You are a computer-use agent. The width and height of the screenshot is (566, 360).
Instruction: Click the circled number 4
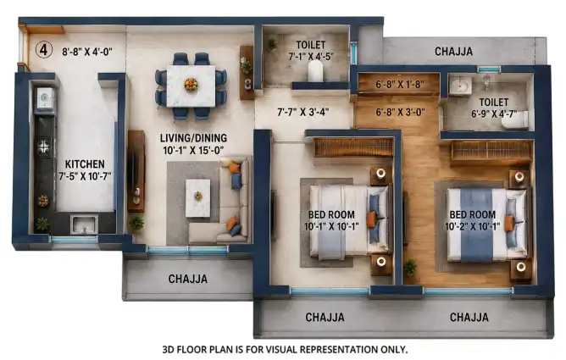coord(44,50)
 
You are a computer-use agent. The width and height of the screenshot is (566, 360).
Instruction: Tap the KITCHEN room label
coord(85,164)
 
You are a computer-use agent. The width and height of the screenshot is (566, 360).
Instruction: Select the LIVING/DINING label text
coord(193,138)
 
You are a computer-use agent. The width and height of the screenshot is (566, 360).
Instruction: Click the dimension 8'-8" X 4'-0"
coord(87,52)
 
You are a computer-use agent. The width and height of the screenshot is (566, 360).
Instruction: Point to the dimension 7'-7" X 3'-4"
coord(303,112)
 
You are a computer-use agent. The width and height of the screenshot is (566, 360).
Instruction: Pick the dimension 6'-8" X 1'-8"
coord(400,85)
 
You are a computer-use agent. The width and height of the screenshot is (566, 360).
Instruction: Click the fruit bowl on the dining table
coord(191,85)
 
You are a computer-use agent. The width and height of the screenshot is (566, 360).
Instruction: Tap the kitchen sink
coord(85,224)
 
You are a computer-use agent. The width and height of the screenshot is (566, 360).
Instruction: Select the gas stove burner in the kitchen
coord(43,147)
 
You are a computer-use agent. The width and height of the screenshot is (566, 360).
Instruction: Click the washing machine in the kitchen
coord(45,98)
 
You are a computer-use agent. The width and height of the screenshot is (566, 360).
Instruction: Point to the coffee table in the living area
coord(197,198)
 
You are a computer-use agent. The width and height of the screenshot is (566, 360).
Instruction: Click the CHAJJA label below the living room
coord(188,279)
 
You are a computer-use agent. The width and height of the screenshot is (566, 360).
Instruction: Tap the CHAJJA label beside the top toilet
coord(453,52)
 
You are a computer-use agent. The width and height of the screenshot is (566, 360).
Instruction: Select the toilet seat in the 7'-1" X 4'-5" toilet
coord(315,70)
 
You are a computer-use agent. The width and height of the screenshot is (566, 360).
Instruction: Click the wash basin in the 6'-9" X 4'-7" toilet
coord(460,86)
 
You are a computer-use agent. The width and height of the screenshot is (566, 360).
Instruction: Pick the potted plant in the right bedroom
coord(410,268)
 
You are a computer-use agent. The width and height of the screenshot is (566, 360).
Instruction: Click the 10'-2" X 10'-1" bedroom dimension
coord(473,226)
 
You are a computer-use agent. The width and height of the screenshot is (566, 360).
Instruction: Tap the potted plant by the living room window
coord(136,224)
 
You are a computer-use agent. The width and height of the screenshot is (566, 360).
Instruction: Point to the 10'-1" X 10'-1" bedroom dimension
coord(331,226)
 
